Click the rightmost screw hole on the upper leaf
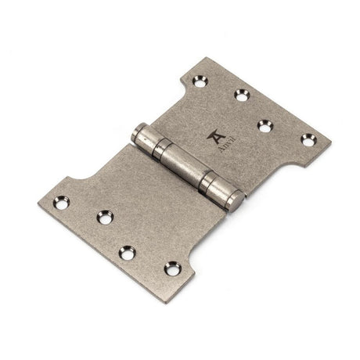coord(306,139)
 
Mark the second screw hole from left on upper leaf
coord(241,95)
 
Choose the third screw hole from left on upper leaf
coord(265,124)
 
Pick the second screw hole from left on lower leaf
coord(103,218)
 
